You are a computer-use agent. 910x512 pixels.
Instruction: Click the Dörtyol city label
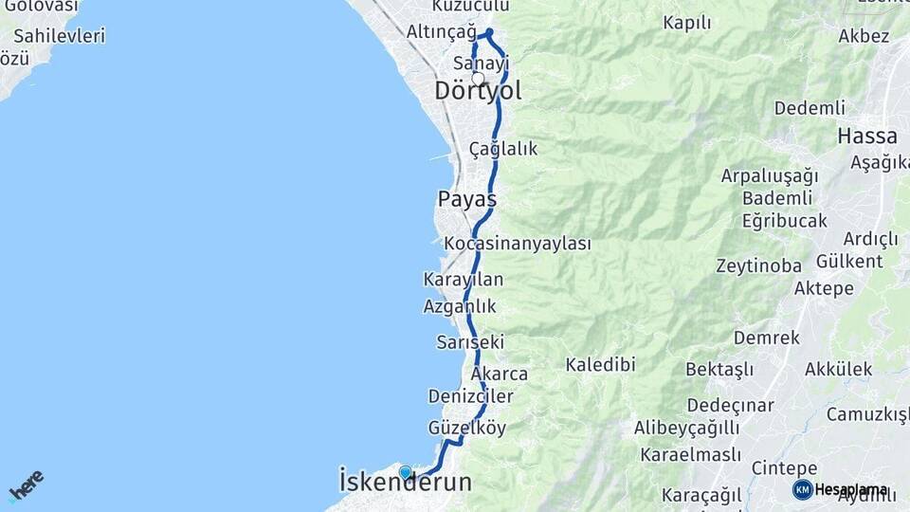click(478, 91)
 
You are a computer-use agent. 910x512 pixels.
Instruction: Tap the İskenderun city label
click(405, 483)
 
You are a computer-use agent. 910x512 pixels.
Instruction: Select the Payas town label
click(467, 200)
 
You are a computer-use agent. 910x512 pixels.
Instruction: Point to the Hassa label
click(866, 137)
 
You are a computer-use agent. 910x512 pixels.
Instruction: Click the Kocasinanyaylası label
click(518, 244)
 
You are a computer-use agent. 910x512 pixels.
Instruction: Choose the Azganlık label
click(460, 306)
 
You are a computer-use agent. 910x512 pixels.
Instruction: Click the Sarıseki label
click(470, 341)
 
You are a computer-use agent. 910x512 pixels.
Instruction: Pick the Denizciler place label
click(470, 395)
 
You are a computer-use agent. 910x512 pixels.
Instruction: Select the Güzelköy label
click(467, 428)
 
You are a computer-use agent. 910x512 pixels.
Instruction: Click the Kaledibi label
click(600, 364)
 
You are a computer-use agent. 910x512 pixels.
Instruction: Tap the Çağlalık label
click(503, 149)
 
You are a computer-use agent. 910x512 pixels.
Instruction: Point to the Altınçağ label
click(441, 32)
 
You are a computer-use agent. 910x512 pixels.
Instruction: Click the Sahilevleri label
click(60, 36)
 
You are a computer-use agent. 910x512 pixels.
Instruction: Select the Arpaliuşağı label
click(769, 176)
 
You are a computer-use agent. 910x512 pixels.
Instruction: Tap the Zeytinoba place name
click(758, 265)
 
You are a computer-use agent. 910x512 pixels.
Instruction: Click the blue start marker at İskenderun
click(406, 472)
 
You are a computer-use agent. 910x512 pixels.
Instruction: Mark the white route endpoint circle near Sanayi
click(478, 79)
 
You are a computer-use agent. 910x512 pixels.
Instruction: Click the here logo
click(26, 485)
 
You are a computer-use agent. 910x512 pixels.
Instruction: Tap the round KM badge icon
click(802, 489)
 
